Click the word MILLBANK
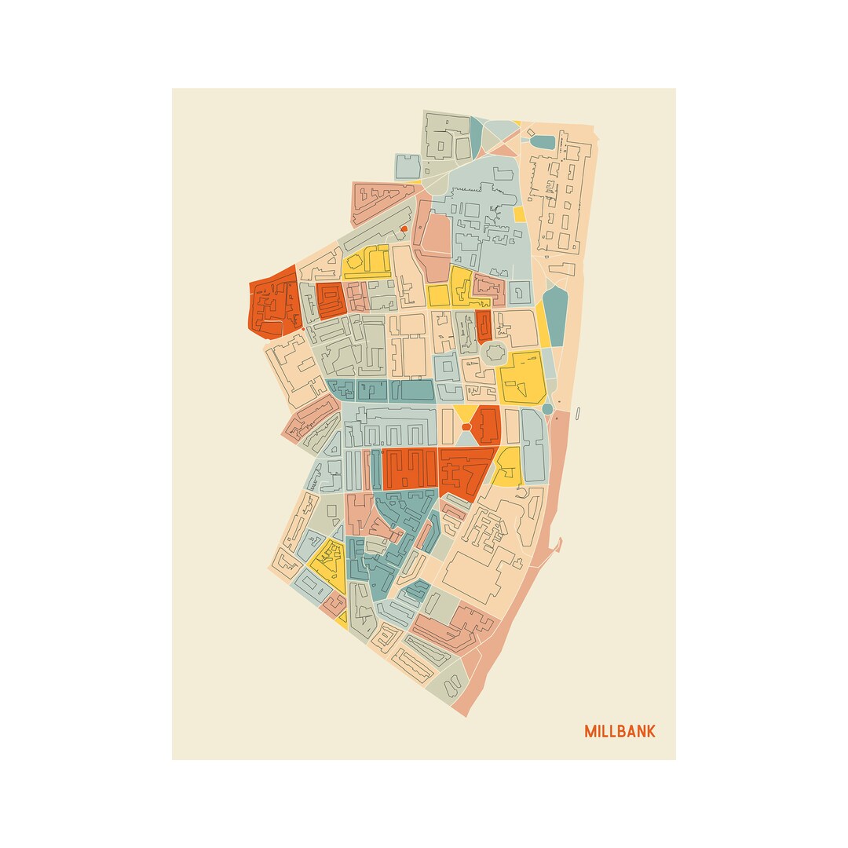coord(620,732)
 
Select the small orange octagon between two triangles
coord(466,427)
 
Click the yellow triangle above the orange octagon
coord(465,413)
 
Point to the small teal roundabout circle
coord(547,409)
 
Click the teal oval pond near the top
coord(543,142)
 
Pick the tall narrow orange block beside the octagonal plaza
coord(483,326)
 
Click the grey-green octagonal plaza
coord(494,353)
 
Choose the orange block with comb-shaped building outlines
coord(409,469)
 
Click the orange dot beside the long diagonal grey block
coord(404,229)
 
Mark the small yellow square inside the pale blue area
coord(519,214)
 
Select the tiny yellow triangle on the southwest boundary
coord(342,618)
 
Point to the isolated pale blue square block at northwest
coord(408,166)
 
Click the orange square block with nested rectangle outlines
coord(331,300)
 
